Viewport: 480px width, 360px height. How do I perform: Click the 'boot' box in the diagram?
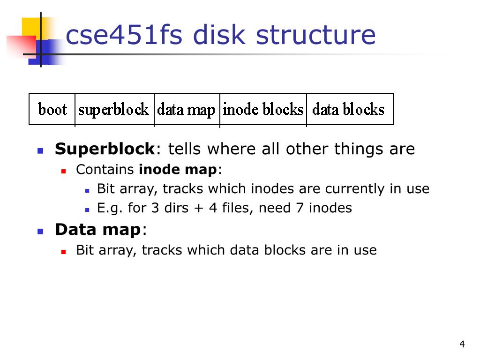52,110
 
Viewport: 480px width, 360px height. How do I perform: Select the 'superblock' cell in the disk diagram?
114,110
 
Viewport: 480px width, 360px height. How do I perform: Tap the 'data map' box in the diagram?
186,110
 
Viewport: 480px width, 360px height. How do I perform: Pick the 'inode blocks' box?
263,110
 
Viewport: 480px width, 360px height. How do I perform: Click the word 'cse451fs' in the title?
124,35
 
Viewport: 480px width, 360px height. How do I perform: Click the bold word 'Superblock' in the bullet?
105,149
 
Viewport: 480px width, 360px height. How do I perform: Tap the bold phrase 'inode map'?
178,170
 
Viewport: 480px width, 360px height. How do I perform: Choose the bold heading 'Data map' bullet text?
97,230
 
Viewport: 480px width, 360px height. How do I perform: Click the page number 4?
462,345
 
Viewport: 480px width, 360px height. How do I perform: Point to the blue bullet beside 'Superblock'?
40,151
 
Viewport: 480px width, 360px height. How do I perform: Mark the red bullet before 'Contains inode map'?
64,171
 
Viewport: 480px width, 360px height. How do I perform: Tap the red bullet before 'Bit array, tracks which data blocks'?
64,251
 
